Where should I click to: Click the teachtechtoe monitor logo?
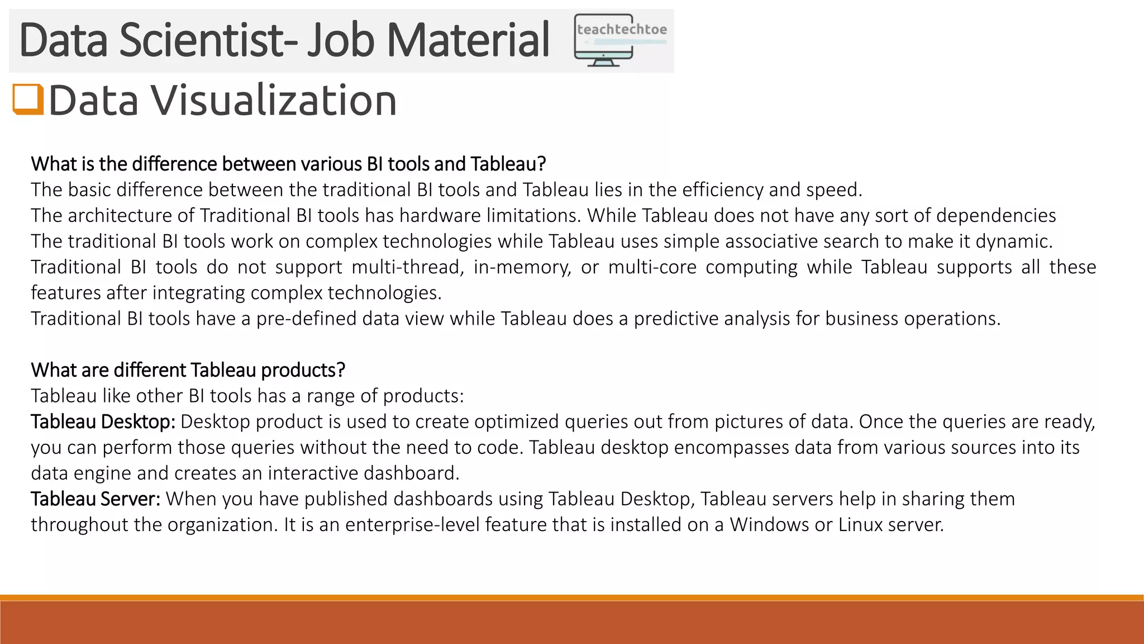[x=620, y=40]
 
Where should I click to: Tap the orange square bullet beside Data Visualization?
[x=28, y=100]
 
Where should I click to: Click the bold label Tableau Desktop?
[x=103, y=422]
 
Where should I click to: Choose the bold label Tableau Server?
[x=96, y=499]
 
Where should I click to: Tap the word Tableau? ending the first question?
[x=508, y=164]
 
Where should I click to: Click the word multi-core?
[x=652, y=267]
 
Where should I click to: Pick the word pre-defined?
[x=306, y=319]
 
